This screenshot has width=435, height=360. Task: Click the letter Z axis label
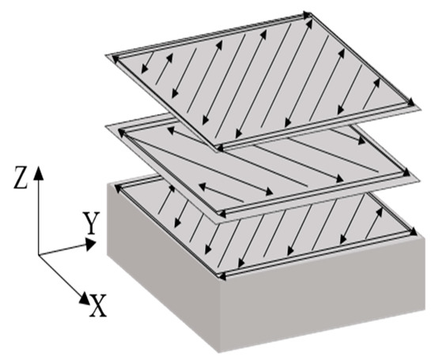[x=21, y=178]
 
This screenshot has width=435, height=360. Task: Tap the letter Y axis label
[x=90, y=223]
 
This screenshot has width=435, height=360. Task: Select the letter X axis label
[x=97, y=305]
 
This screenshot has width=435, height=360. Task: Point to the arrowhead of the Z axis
[x=39, y=172]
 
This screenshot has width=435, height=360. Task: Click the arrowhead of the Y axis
[x=89, y=244]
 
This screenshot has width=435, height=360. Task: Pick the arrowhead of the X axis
[x=85, y=298]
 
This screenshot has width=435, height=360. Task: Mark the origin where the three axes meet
[x=38, y=255]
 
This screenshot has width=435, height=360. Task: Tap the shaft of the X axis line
[x=60, y=275]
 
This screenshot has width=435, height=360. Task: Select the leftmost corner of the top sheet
[x=105, y=55]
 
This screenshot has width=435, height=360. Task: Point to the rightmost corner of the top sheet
[x=421, y=109]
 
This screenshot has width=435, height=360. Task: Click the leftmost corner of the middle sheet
[x=105, y=126]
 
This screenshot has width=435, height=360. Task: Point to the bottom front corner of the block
[x=220, y=353]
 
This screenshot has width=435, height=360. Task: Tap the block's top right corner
[x=425, y=237]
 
